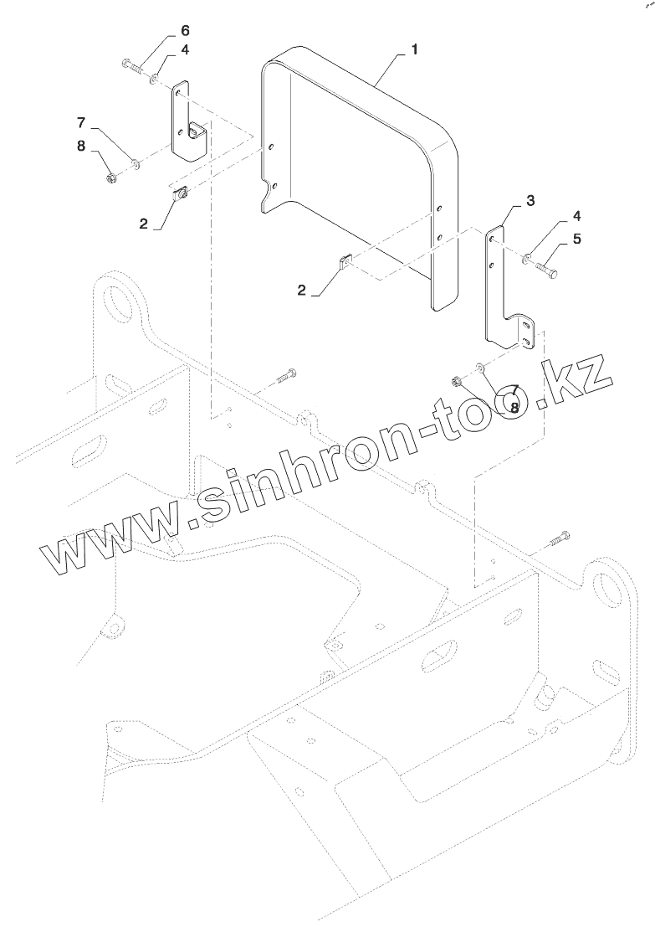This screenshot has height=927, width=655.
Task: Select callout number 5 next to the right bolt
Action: [x=577, y=239]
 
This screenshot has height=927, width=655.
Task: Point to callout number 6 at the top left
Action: [x=184, y=32]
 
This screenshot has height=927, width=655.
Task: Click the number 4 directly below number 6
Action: [x=184, y=50]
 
